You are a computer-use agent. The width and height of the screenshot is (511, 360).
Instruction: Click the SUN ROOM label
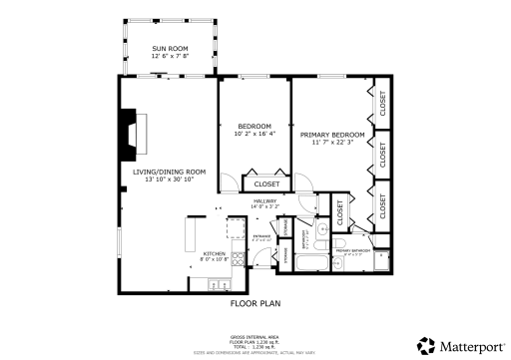click(x=170, y=48)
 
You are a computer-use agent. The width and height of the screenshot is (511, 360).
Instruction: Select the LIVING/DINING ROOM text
click(x=170, y=172)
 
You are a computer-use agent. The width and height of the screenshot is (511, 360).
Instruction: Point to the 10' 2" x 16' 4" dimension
click(x=254, y=135)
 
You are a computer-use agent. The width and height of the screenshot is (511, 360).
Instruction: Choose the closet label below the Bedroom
click(x=266, y=184)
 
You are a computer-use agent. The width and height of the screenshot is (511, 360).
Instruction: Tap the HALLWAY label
click(x=264, y=201)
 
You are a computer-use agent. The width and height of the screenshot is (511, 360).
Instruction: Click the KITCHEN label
click(x=215, y=254)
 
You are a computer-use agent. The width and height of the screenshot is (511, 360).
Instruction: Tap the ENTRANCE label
click(x=261, y=236)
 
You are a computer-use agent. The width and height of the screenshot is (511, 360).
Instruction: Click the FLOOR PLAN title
click(x=255, y=302)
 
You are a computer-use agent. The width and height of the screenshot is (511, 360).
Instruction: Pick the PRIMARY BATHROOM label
click(x=353, y=250)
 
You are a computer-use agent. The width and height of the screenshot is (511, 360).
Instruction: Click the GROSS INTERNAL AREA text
click(x=255, y=338)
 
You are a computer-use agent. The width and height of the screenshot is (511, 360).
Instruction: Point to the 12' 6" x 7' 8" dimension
click(x=170, y=57)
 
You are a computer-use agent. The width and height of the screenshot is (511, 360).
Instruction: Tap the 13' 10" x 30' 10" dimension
click(x=170, y=180)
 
